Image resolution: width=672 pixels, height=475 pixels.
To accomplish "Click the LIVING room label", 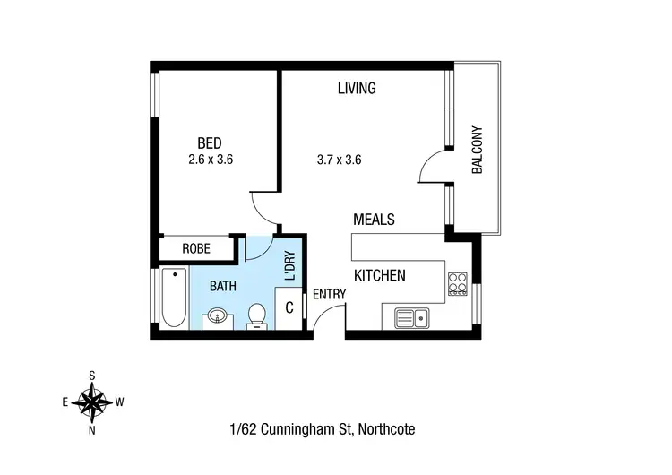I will (356, 88).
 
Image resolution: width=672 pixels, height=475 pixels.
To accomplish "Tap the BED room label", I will (210, 143).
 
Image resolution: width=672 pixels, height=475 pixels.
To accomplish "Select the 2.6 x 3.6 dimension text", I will (217, 160).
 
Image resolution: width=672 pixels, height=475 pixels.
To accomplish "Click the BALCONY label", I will (477, 150).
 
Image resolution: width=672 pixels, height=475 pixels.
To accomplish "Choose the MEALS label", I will (374, 219).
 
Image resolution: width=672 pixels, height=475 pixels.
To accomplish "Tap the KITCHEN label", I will (380, 275).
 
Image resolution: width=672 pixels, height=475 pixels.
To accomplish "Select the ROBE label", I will (196, 249).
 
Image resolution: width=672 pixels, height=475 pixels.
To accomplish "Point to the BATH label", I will (223, 287).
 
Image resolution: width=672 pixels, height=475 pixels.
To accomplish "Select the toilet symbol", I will (257, 315).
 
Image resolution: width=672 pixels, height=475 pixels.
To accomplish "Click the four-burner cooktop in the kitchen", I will (457, 283).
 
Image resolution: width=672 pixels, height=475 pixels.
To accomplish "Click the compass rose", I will (92, 402).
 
